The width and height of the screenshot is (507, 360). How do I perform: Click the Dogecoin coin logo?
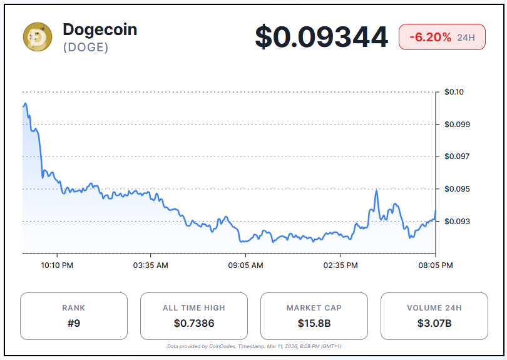point(38,37)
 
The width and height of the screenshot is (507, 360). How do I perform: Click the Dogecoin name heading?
point(100,29)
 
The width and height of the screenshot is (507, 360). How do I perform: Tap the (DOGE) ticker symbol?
point(86,48)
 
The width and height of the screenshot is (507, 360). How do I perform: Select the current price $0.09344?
point(321,37)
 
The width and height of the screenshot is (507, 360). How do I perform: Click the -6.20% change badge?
point(442,37)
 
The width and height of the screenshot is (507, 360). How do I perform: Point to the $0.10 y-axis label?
point(454,92)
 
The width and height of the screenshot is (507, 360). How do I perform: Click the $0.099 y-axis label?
point(457,124)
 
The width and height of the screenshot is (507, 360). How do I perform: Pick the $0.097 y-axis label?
point(457,157)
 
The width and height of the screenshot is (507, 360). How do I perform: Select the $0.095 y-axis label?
point(457,189)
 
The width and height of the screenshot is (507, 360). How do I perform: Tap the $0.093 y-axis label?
point(457,222)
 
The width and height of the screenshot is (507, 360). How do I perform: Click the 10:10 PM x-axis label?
point(57,265)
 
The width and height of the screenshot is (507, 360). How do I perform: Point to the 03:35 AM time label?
point(150,265)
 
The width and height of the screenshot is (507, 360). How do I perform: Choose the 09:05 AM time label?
point(245,265)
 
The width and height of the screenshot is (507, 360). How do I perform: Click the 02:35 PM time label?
point(341,265)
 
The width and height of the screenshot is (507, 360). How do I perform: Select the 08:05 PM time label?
point(436,265)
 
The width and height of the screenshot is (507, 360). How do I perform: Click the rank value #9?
point(74,323)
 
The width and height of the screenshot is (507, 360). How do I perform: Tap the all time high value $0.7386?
point(194,323)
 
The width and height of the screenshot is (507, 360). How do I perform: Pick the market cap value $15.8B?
point(314,323)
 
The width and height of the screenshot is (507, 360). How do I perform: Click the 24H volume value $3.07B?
point(434,323)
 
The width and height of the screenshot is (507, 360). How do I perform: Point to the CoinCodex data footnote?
point(253,346)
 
